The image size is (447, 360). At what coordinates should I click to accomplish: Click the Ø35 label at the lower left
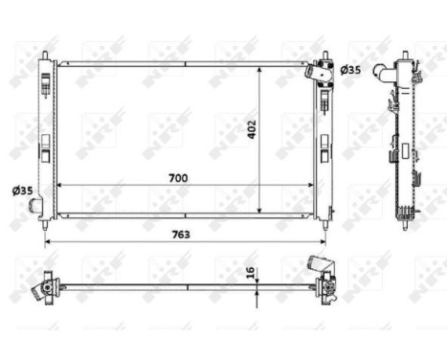pyautogui.click(x=21, y=191)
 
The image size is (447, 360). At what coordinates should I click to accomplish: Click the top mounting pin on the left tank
pyautogui.click(x=44, y=54)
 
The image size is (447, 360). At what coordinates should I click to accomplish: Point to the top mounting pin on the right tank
pyautogui.click(x=325, y=55)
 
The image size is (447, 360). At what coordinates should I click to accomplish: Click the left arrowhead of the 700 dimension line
pyautogui.click(x=60, y=185)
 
